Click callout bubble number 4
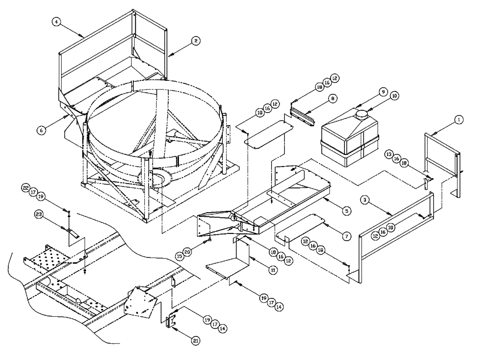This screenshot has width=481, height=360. pyautogui.click(x=57, y=23)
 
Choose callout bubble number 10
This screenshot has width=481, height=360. pyautogui.click(x=394, y=96)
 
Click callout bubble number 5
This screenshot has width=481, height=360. pyautogui.click(x=347, y=210)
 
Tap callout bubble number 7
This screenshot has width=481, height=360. pyautogui.click(x=346, y=236)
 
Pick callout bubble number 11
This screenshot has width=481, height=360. pyautogui.click(x=273, y=270)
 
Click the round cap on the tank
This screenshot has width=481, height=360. pyautogui.click(x=361, y=115)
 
